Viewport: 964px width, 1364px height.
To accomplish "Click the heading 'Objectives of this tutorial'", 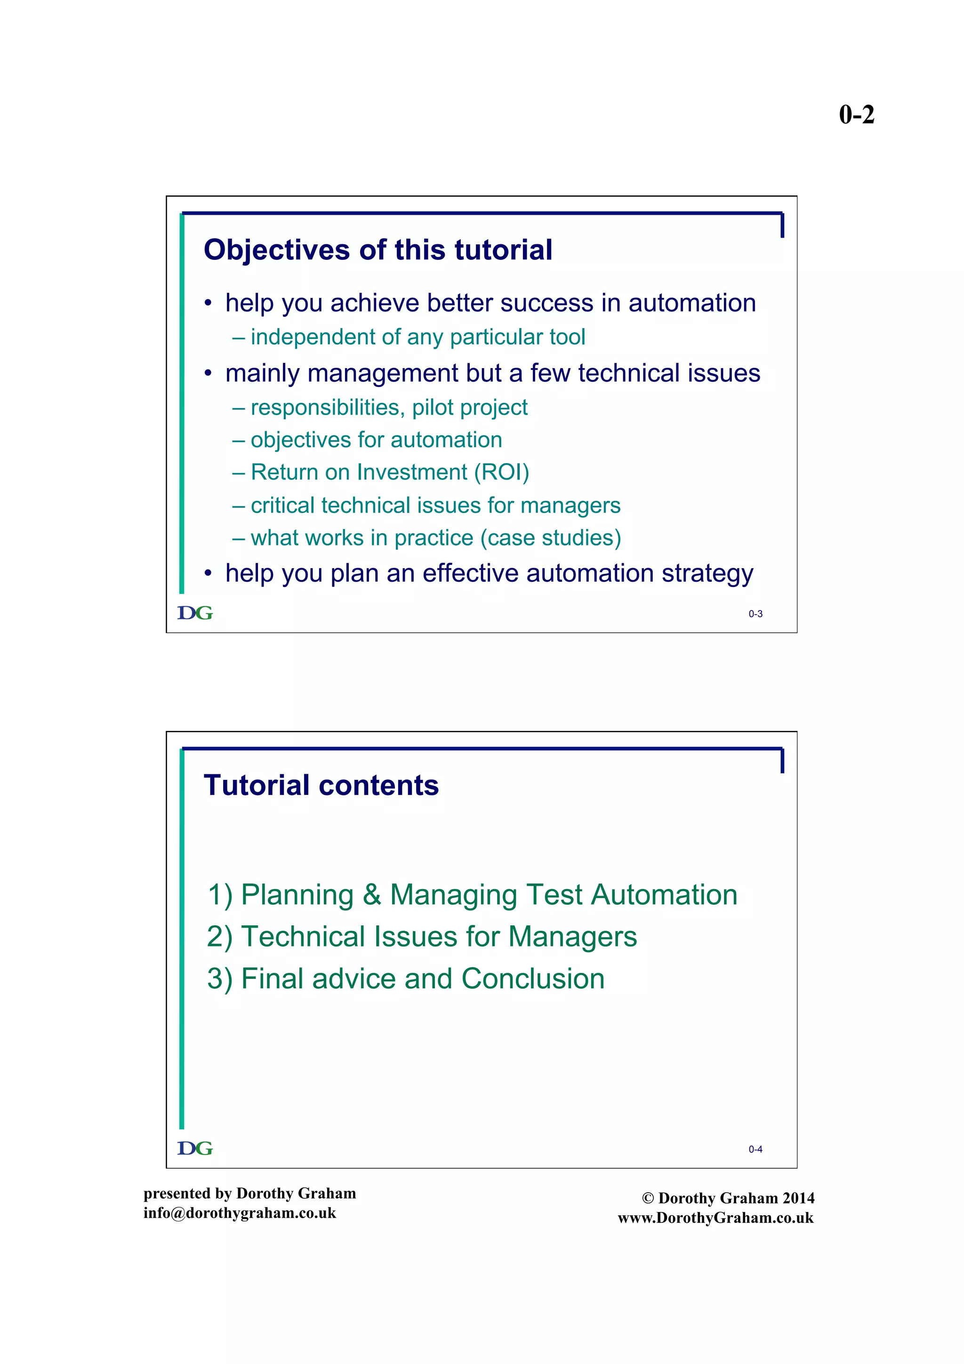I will click(378, 249).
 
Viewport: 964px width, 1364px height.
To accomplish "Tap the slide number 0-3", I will click(755, 614).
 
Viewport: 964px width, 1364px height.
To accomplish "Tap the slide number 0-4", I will click(755, 1149).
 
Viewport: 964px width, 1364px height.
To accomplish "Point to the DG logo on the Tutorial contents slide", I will click(195, 1148).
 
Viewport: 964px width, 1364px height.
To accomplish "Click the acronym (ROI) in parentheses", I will click(501, 472).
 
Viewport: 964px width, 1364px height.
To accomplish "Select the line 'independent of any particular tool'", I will click(417, 337).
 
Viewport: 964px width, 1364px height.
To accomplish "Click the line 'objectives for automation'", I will click(376, 440).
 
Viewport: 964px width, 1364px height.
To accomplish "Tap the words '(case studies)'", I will click(551, 538).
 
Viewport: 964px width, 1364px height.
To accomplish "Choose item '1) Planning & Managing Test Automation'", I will click(472, 894).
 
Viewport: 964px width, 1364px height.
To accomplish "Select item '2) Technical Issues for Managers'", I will click(422, 936).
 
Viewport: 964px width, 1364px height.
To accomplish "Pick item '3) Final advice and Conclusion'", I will click(406, 979).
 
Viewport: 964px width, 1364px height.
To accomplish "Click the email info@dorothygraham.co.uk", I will click(240, 1212).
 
